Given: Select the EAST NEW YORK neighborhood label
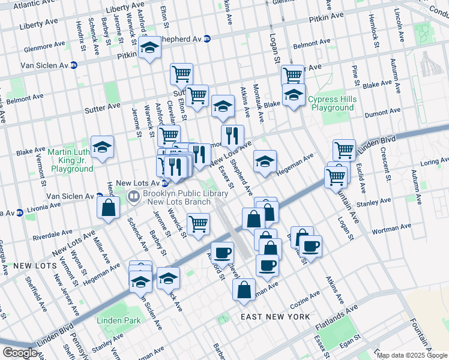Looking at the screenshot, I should (x=275, y=316).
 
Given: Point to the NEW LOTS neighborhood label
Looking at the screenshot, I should (x=35, y=265).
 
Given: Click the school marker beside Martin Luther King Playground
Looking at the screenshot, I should (x=103, y=148).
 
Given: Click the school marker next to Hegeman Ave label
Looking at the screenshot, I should (x=265, y=162).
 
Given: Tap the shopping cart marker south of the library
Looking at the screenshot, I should (x=198, y=225).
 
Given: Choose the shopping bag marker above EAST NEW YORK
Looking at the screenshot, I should (x=245, y=289).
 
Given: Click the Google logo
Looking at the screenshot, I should (x=19, y=353).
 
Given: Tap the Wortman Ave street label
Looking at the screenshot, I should (x=392, y=228).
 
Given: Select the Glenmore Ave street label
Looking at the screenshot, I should (x=44, y=46).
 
